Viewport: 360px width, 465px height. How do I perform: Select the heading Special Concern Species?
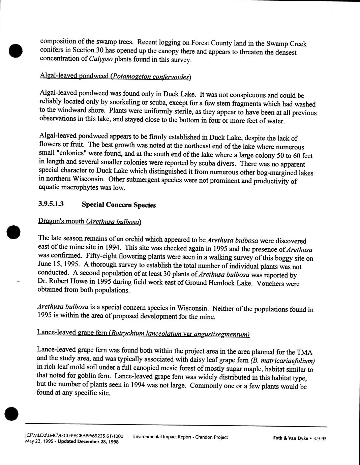click(119, 205)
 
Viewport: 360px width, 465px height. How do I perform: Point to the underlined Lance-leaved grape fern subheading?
click(143, 333)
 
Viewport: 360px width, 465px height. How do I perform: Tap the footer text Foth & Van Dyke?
click(290, 438)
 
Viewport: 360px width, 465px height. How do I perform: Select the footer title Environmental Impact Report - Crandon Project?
click(180, 437)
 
